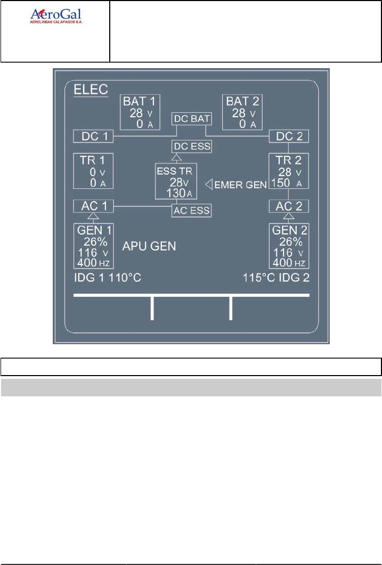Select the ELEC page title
click(x=90, y=89)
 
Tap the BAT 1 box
click(x=141, y=112)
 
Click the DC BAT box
click(x=191, y=119)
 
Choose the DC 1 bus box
click(x=94, y=136)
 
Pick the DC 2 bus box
click(x=289, y=136)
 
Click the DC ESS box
click(x=191, y=146)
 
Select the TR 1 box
click(x=94, y=171)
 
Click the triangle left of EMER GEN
click(x=209, y=184)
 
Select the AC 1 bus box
click(x=94, y=206)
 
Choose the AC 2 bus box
click(x=289, y=206)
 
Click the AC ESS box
click(x=191, y=211)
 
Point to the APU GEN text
click(x=150, y=246)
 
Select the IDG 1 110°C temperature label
click(x=107, y=278)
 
